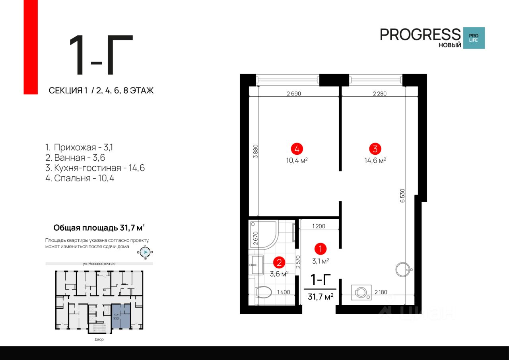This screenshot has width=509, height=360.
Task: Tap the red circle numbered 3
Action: pyautogui.click(x=375, y=149)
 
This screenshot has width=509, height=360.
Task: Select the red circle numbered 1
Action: pyautogui.click(x=320, y=249)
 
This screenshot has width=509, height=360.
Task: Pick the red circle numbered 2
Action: pyautogui.click(x=279, y=262)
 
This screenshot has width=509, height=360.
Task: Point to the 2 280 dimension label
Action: pyautogui.click(x=379, y=94)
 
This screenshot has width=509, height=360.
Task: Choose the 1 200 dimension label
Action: pyautogui.click(x=319, y=226)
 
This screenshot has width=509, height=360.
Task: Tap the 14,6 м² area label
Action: pyautogui.click(x=375, y=160)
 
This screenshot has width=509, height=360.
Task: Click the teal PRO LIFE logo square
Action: pyautogui.click(x=474, y=38)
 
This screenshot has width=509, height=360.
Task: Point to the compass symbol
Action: pyautogui.click(x=146, y=252)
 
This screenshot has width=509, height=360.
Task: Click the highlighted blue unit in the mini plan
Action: pyautogui.click(x=120, y=316)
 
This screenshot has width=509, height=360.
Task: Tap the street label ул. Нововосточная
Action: pyautogui.click(x=99, y=263)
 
